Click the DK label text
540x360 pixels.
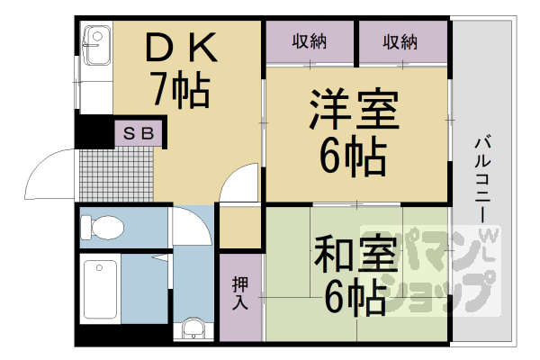[x=182, y=47]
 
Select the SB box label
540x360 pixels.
[x=138, y=133]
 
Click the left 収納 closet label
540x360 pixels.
[x=310, y=42]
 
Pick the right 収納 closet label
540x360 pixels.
[x=400, y=42]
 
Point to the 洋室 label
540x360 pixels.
[x=355, y=109]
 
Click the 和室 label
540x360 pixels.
[x=355, y=253]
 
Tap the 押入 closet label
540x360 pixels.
[x=240, y=292]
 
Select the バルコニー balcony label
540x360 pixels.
[x=482, y=179]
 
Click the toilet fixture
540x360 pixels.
[x=102, y=227]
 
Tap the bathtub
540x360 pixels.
[x=100, y=290]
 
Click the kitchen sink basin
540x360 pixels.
[x=97, y=46]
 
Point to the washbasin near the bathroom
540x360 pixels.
[x=193, y=328]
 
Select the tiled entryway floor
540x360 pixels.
[x=116, y=175]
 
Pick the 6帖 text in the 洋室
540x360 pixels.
[x=354, y=157]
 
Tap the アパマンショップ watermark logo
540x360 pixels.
[x=430, y=271]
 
